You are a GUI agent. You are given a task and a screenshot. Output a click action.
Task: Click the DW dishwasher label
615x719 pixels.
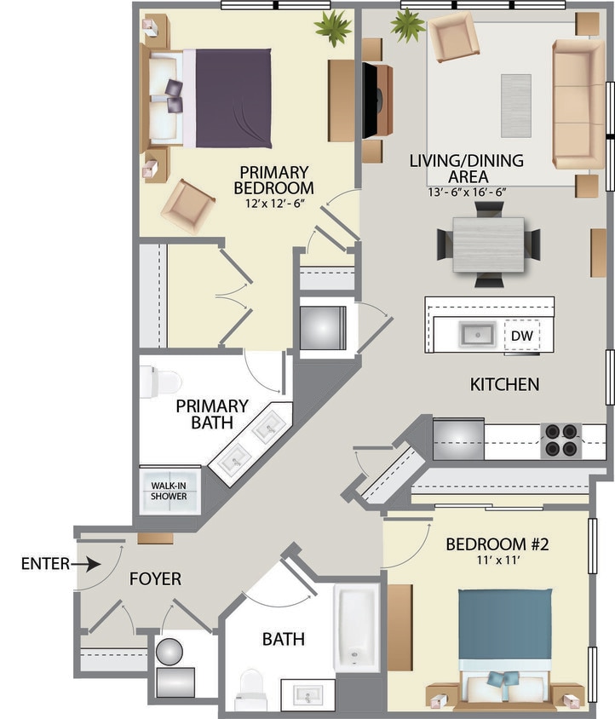tap(521, 336)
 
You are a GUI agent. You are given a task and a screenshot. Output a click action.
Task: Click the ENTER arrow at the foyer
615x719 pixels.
tap(89, 564)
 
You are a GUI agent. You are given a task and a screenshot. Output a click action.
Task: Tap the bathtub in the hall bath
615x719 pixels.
tap(355, 627)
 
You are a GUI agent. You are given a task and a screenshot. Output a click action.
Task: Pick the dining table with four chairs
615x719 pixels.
tap(488, 244)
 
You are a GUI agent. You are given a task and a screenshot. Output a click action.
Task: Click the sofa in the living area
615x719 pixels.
tap(579, 103)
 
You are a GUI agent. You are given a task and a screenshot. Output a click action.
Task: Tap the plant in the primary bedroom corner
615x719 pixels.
tap(332, 27)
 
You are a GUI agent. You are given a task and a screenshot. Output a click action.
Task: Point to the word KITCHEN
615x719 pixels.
tap(504, 384)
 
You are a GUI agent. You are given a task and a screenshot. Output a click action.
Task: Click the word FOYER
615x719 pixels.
tap(155, 579)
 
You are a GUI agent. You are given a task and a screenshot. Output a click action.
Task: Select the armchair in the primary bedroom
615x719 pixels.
tap(188, 204)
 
